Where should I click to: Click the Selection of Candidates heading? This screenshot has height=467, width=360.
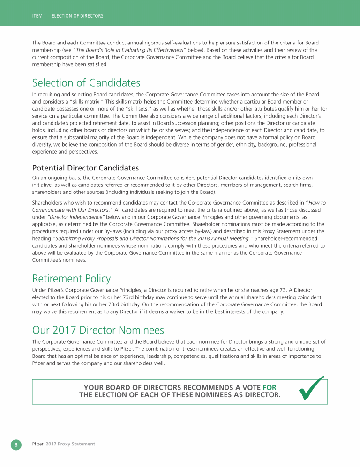pyautogui.click(x=86, y=83)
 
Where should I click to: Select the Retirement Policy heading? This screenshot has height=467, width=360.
pyautogui.click(x=71, y=279)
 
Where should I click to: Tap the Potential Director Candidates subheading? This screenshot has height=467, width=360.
pyautogui.click(x=85, y=168)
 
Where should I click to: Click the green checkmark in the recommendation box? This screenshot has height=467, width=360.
pyautogui.click(x=312, y=388)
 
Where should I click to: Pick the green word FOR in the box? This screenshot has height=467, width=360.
pyautogui.click(x=270, y=387)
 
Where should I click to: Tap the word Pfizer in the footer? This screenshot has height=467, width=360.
pyautogui.click(x=37, y=444)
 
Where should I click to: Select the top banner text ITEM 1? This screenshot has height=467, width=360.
pyautogui.click(x=37, y=16)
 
